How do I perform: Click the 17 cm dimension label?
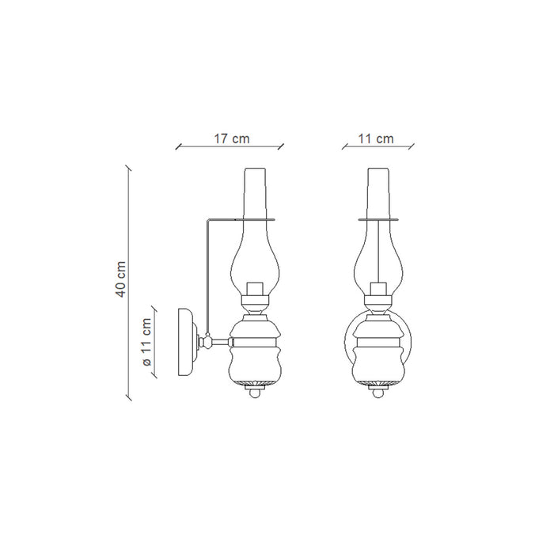click(x=231, y=138)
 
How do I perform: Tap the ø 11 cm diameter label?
click(x=146, y=342)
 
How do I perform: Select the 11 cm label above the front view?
click(x=376, y=138)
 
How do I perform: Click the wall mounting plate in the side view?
click(x=186, y=342)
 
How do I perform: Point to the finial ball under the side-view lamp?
click(x=255, y=393)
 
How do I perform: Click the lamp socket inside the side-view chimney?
click(x=255, y=290)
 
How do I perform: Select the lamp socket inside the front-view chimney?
click(x=378, y=290)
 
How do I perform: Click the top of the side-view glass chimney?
click(x=255, y=169)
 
